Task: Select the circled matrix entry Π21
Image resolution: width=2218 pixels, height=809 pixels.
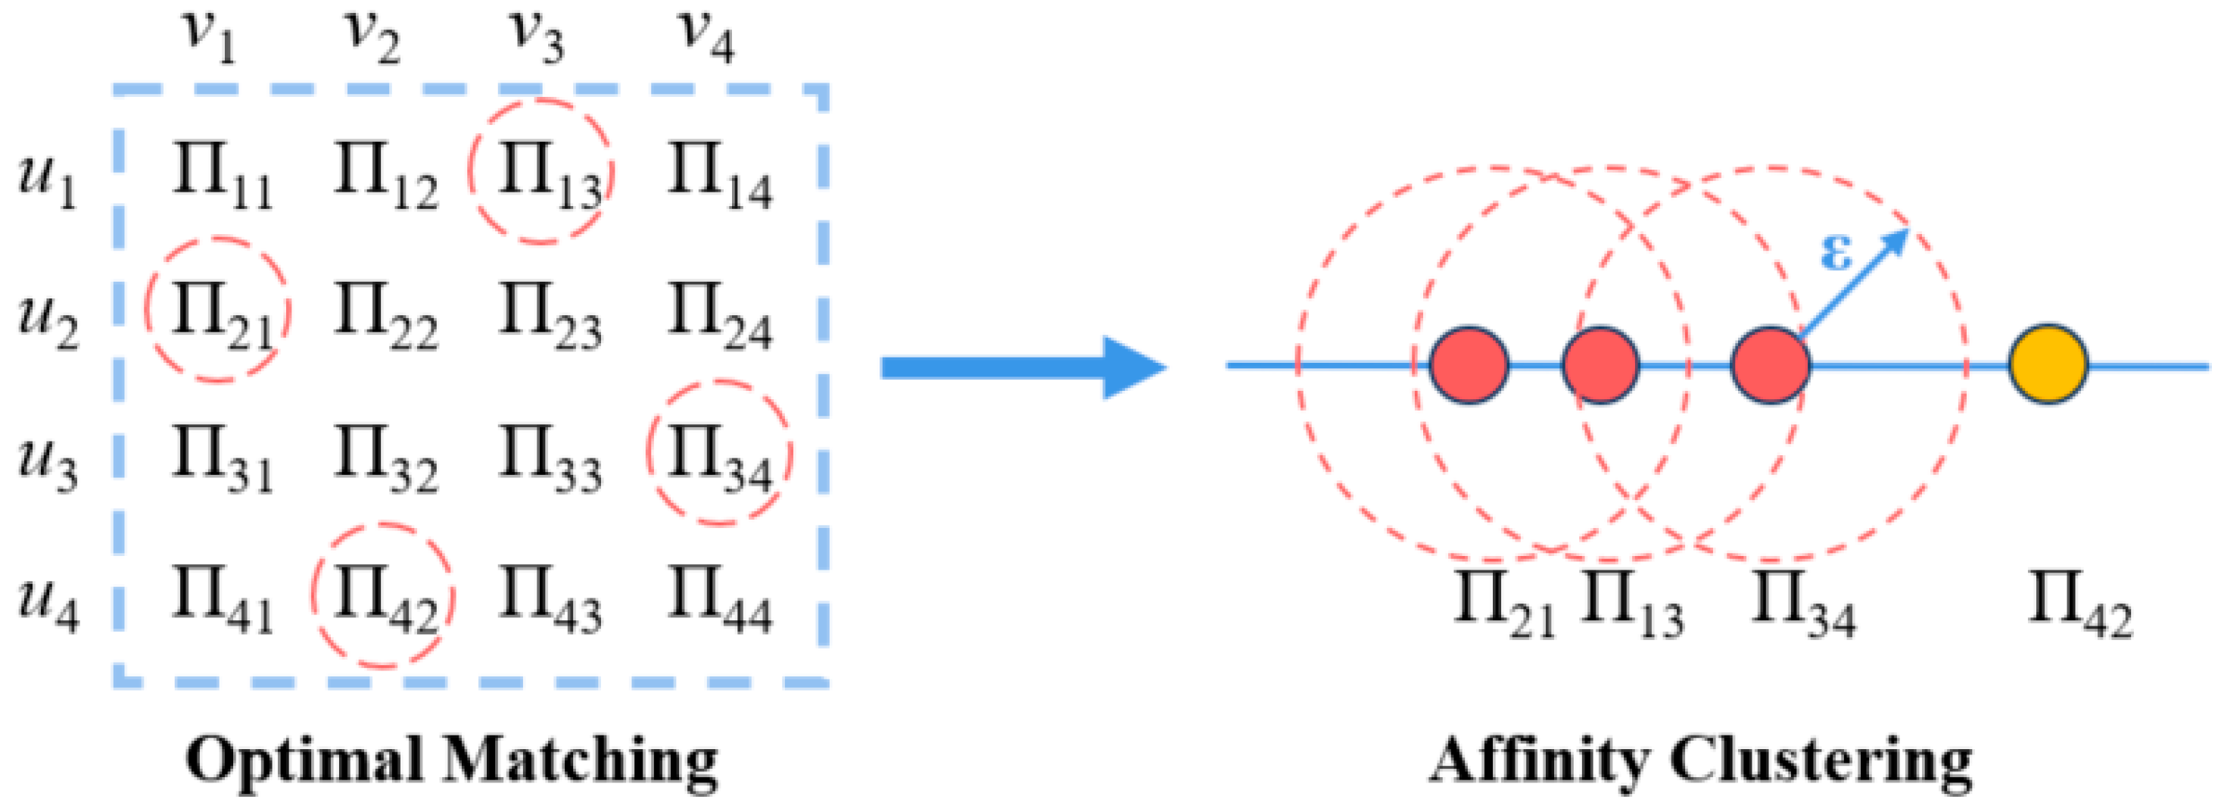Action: [x=218, y=309]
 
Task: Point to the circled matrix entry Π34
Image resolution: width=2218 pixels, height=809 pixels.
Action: [x=719, y=453]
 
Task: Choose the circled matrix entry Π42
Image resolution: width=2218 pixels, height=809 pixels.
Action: [x=383, y=595]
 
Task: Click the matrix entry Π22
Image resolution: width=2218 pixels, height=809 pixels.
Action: [x=385, y=314]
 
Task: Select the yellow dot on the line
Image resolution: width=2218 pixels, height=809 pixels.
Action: [x=2048, y=364]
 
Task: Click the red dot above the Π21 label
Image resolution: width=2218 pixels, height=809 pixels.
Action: [x=1469, y=365]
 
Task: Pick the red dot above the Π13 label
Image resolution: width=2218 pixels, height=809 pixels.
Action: [x=1600, y=365]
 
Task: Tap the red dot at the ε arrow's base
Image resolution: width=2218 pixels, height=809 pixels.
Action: [x=1771, y=365]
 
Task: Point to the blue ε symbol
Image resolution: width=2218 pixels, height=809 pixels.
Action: [x=1836, y=252]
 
